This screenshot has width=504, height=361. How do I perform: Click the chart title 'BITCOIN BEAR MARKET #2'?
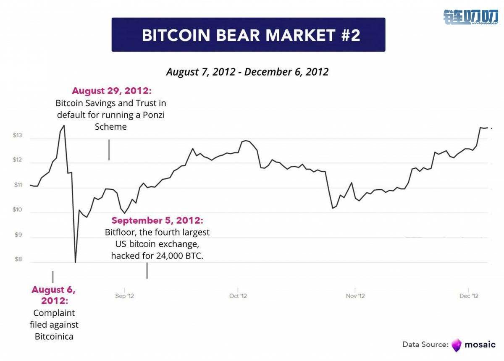click(251, 35)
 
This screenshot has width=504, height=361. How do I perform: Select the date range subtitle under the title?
click(247, 72)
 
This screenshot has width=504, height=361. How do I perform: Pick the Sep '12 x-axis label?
click(124, 296)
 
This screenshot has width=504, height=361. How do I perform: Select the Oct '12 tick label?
click(238, 296)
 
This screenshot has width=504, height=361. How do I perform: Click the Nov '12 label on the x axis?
click(355, 296)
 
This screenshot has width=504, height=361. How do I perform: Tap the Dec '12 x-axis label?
click(469, 296)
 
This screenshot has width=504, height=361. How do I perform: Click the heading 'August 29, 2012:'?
click(110, 91)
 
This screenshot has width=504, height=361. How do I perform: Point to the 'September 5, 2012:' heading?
click(157, 221)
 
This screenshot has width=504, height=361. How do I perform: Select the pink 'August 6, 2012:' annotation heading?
click(54, 295)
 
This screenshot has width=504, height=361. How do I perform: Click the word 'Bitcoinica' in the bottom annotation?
click(54, 336)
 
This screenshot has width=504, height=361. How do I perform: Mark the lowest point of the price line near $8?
click(76, 262)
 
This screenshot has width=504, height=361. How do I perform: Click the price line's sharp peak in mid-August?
click(64, 125)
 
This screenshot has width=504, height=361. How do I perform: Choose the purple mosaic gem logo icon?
click(456, 345)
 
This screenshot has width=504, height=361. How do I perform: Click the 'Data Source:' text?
click(425, 345)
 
